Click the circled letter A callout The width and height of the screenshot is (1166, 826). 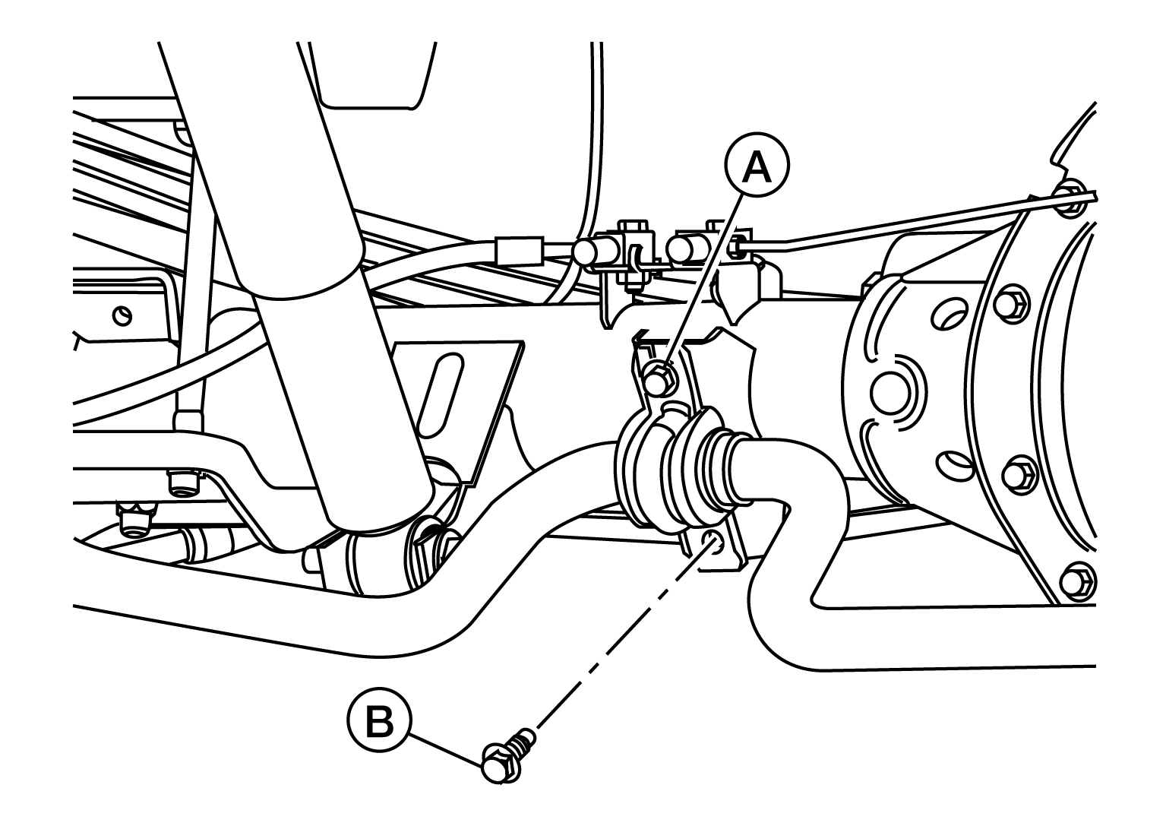[757, 165]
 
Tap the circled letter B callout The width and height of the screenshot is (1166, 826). [379, 721]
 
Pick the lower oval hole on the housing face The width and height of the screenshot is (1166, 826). [955, 465]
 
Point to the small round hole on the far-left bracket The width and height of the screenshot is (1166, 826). [122, 315]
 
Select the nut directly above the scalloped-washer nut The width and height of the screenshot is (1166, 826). [182, 483]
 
